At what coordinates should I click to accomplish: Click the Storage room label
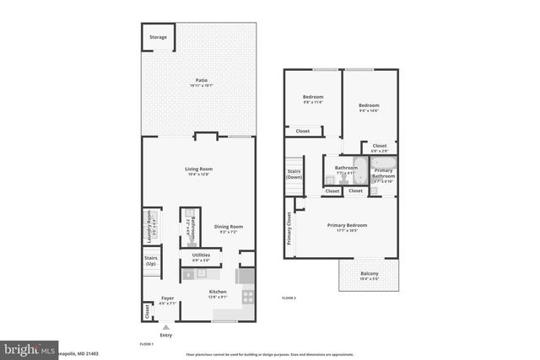(158, 37)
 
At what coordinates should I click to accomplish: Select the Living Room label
(198, 169)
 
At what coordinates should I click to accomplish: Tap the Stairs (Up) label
(151, 261)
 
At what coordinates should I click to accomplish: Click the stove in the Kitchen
(247, 296)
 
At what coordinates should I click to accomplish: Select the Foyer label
(167, 299)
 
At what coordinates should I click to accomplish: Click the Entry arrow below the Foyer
(166, 327)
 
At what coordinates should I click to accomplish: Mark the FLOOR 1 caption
(147, 345)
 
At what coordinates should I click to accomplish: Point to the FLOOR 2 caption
(289, 299)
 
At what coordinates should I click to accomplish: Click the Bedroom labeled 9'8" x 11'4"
(313, 97)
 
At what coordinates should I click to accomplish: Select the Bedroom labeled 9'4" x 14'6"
(369, 105)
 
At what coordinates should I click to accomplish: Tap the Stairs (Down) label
(294, 174)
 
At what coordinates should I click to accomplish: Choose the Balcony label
(370, 274)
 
